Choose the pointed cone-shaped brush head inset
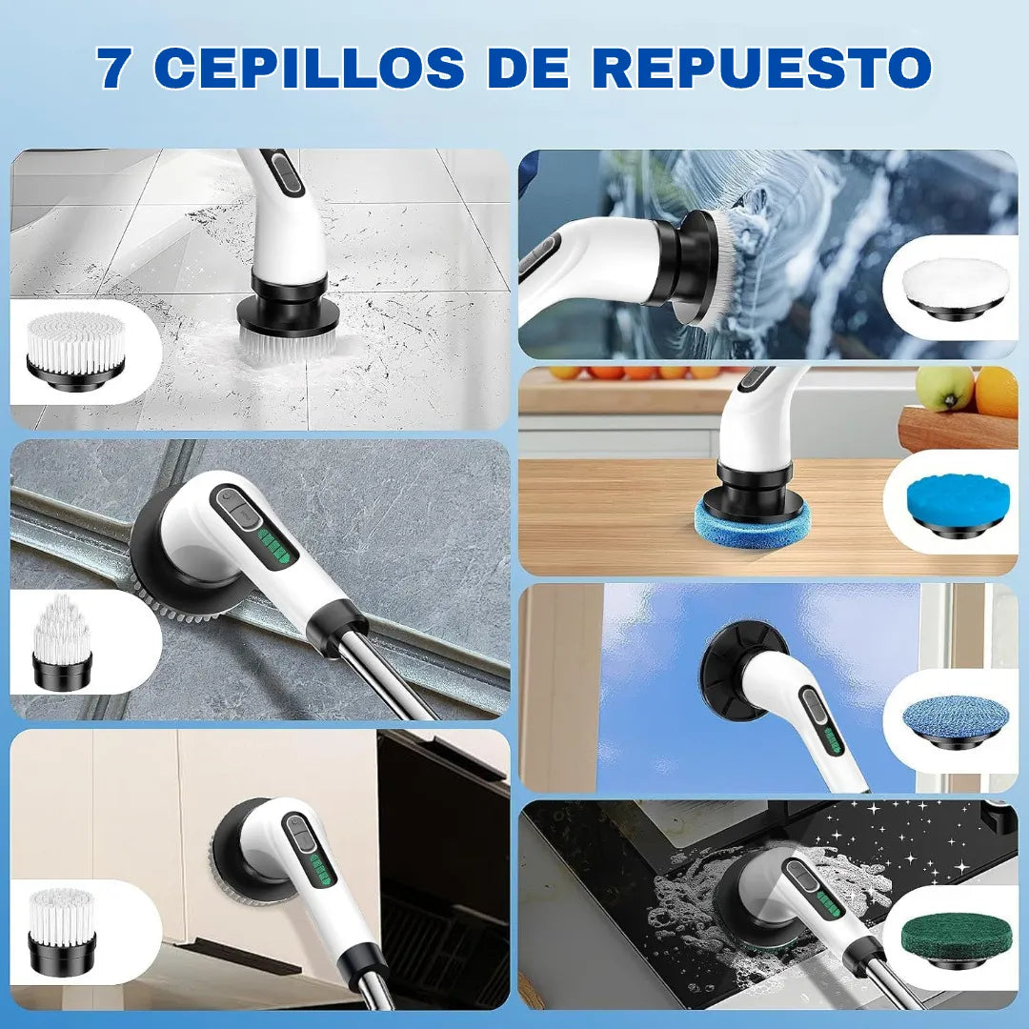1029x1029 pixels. click(62, 642)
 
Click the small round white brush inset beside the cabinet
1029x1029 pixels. click(62, 929)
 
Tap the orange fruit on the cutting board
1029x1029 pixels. click(997, 393)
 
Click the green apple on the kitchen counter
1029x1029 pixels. click(944, 388)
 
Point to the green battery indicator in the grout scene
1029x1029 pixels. click(277, 547)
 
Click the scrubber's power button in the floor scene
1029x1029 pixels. click(282, 173)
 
